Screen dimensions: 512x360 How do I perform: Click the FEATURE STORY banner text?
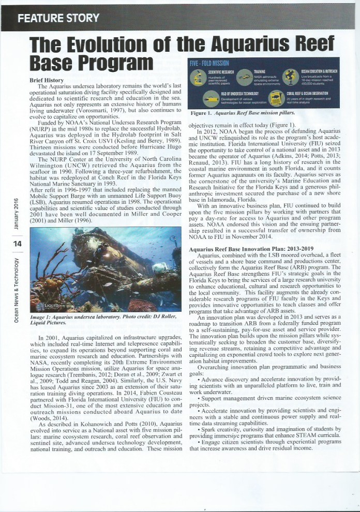58,19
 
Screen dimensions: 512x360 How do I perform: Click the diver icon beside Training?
243,76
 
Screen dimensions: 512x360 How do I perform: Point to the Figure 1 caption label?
204,112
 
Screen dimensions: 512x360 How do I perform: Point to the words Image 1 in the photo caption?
43,315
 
